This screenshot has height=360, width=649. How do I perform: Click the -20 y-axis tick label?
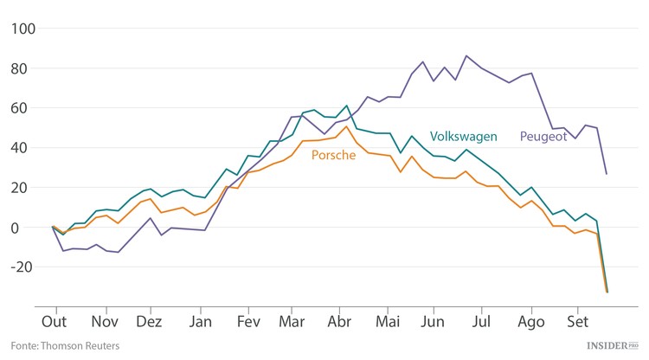pos(22,267)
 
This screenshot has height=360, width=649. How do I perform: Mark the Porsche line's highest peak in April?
pos(347,126)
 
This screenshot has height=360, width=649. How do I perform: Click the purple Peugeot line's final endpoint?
pos(606,174)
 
